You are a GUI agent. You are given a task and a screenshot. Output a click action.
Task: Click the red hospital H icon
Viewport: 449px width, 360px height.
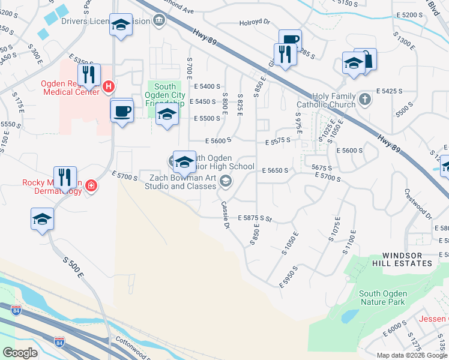coord(109,86)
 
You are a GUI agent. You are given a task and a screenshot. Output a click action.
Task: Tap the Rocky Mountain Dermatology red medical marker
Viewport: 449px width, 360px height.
coord(91,186)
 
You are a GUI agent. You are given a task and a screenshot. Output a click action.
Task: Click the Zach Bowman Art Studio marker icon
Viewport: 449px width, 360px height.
coord(225,180)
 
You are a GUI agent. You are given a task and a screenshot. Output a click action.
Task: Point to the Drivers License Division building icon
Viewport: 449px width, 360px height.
coord(158,21)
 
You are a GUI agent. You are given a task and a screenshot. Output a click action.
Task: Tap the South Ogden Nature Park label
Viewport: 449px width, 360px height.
coord(383,298)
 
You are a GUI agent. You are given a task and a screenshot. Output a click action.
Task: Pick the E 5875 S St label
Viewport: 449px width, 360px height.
coord(255,218)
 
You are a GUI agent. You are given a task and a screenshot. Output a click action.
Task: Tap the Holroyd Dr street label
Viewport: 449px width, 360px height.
coord(255,23)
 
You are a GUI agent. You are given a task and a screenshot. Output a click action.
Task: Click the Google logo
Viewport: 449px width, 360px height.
coord(20,353)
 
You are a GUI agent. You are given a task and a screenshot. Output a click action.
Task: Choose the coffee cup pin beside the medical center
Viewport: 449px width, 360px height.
coord(122,111)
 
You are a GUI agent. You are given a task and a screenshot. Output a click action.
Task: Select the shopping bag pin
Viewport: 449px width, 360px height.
coord(365,59)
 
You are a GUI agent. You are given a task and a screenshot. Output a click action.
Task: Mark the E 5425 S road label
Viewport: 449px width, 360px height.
coord(389,91)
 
